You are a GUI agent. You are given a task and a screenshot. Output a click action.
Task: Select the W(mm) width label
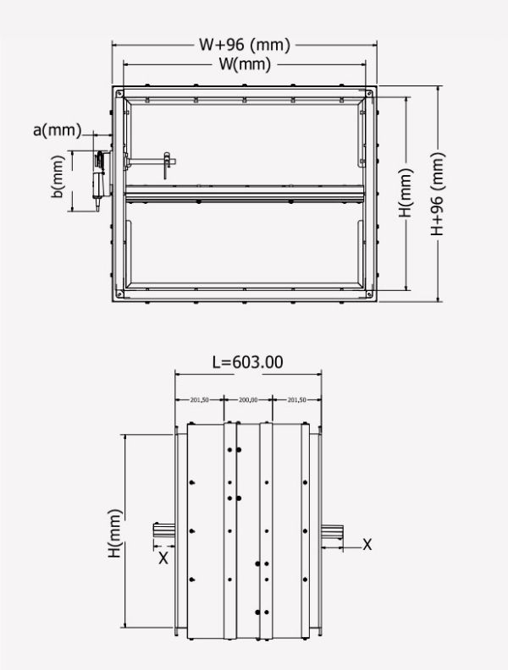(x=246, y=63)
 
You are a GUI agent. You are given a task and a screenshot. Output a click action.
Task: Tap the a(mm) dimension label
(x=57, y=129)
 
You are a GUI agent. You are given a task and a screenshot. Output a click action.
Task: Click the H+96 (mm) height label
(x=438, y=194)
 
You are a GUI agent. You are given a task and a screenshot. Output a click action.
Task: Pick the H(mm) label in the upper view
(x=407, y=194)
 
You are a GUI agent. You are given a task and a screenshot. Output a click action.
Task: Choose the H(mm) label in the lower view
(x=116, y=533)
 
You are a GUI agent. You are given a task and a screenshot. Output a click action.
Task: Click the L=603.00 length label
(x=247, y=362)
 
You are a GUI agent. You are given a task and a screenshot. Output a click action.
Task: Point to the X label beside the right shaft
(x=367, y=545)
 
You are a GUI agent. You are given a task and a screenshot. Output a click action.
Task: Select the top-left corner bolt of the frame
(x=120, y=91)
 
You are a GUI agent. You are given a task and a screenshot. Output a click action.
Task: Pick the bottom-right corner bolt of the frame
(x=370, y=293)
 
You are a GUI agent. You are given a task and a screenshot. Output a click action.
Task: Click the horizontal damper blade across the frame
(x=246, y=195)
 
